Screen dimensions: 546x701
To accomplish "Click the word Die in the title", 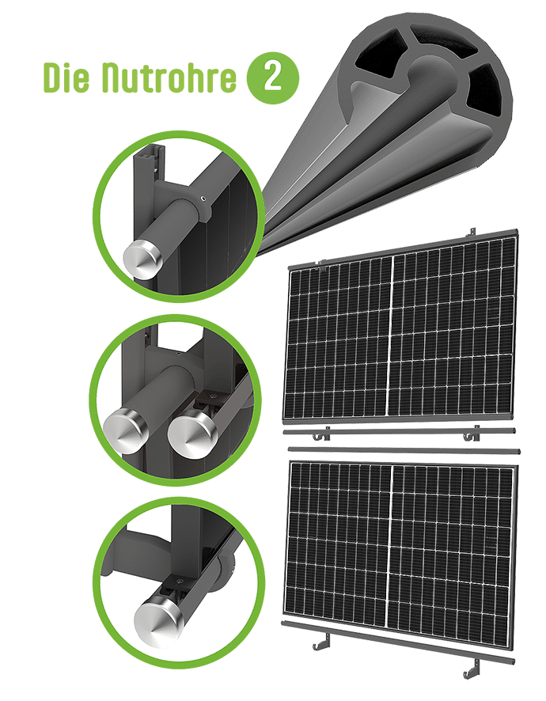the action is click(x=66, y=78).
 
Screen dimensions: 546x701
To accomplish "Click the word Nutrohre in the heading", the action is click(x=169, y=78).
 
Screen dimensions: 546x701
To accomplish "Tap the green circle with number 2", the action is click(x=272, y=78).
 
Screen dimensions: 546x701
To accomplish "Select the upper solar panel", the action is click(x=400, y=326).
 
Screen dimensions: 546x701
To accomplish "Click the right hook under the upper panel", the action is click(x=471, y=434).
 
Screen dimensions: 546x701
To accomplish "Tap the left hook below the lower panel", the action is click(x=322, y=642).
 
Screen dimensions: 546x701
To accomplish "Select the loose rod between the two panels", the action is click(x=404, y=449).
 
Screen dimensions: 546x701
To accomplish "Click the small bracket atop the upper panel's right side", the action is click(x=471, y=233).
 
